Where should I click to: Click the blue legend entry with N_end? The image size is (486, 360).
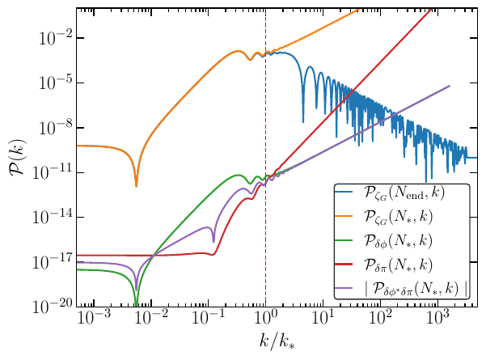(402, 194)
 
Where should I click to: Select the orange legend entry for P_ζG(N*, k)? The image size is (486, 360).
(402, 217)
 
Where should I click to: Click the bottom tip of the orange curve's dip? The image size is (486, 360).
(136, 186)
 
